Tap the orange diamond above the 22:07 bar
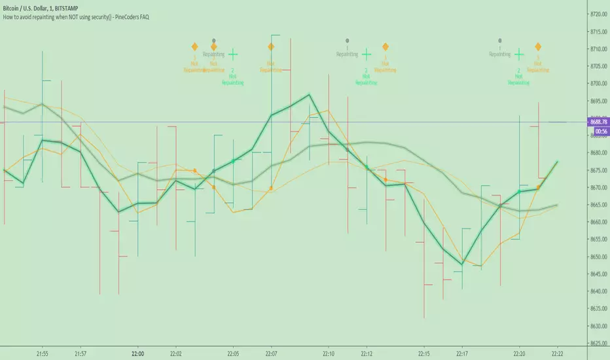point(271,46)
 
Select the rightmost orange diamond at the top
point(538,46)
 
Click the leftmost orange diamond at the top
point(194,46)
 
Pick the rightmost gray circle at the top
point(500,41)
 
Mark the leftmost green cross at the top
point(232,56)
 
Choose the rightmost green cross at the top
point(519,56)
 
